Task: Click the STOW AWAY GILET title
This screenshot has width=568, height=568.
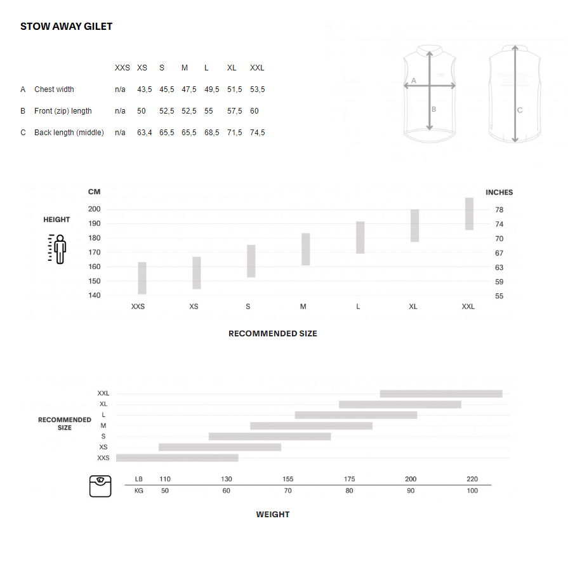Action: tap(66, 27)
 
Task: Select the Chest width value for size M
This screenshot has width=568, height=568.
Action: tap(188, 89)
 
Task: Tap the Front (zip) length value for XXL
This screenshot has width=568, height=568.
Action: tap(254, 111)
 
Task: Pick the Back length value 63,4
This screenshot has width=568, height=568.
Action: tap(144, 133)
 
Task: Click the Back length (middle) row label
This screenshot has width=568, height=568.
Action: tap(69, 133)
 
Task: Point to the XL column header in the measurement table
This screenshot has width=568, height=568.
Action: tap(232, 68)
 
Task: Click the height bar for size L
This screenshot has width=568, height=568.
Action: tap(360, 237)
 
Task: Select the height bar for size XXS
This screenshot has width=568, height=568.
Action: tap(142, 278)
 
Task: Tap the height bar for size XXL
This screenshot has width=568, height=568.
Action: tap(469, 214)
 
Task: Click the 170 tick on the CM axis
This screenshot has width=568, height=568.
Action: tap(95, 252)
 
